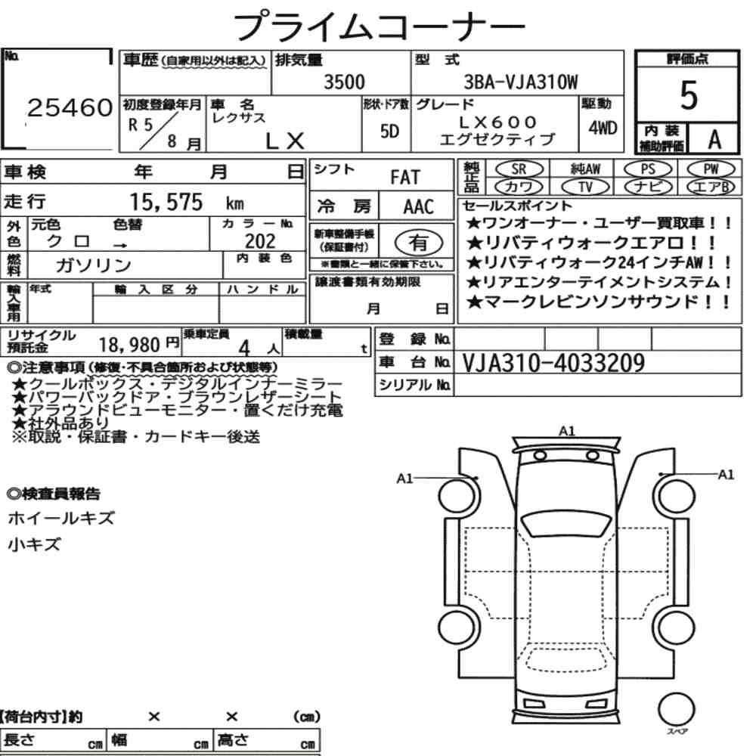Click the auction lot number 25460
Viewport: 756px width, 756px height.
(70, 107)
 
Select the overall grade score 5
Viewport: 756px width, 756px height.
(689, 95)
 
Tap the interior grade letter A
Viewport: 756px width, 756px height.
(714, 140)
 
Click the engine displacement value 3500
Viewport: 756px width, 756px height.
(344, 82)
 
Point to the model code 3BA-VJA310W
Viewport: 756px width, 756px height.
(521, 82)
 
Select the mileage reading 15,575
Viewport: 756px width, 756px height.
(166, 202)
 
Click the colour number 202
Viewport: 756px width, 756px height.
(260, 240)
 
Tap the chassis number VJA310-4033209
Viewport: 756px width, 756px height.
(553, 363)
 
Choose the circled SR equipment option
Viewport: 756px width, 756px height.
(519, 169)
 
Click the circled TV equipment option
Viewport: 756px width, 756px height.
(586, 187)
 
